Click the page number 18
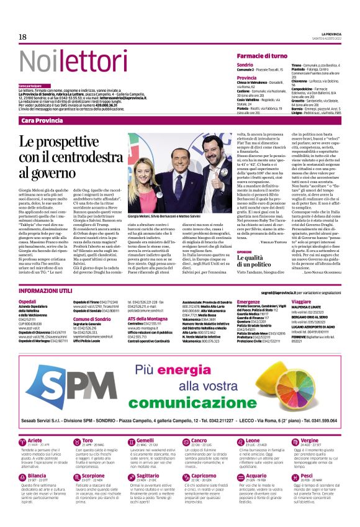[22, 37]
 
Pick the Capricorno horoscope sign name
[204, 474]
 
